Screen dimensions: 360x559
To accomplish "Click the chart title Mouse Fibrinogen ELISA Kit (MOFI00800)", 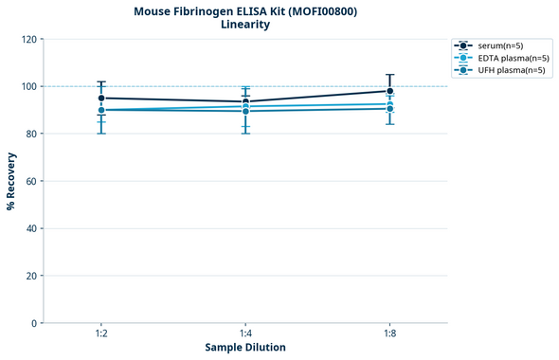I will [x=245, y=10].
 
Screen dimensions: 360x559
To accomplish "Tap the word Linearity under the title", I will [x=245, y=25].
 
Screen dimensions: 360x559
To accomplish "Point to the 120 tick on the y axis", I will [x=29, y=39].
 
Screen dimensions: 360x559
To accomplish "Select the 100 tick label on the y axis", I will [x=29, y=86].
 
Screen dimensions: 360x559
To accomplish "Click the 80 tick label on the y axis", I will [x=32, y=134].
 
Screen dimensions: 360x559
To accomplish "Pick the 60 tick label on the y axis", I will [x=32, y=181].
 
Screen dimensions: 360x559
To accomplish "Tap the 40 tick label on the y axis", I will [x=32, y=228].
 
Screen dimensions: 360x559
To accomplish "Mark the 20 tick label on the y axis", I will [x=32, y=276].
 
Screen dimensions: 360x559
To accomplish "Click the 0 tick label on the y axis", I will [x=35, y=323].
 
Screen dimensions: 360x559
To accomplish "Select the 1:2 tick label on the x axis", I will [x=101, y=334].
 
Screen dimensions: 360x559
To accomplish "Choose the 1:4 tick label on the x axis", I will [x=245, y=334].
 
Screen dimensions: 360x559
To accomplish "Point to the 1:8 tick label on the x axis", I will [x=389, y=334].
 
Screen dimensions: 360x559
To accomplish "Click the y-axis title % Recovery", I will [x=11, y=181].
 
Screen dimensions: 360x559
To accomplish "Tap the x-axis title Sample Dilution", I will [x=245, y=348].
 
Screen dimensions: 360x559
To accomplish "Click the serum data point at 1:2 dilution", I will [x=101, y=98].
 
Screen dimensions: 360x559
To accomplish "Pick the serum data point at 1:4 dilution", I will [x=245, y=101].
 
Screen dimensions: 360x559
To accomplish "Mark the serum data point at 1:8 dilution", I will [x=389, y=91].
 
